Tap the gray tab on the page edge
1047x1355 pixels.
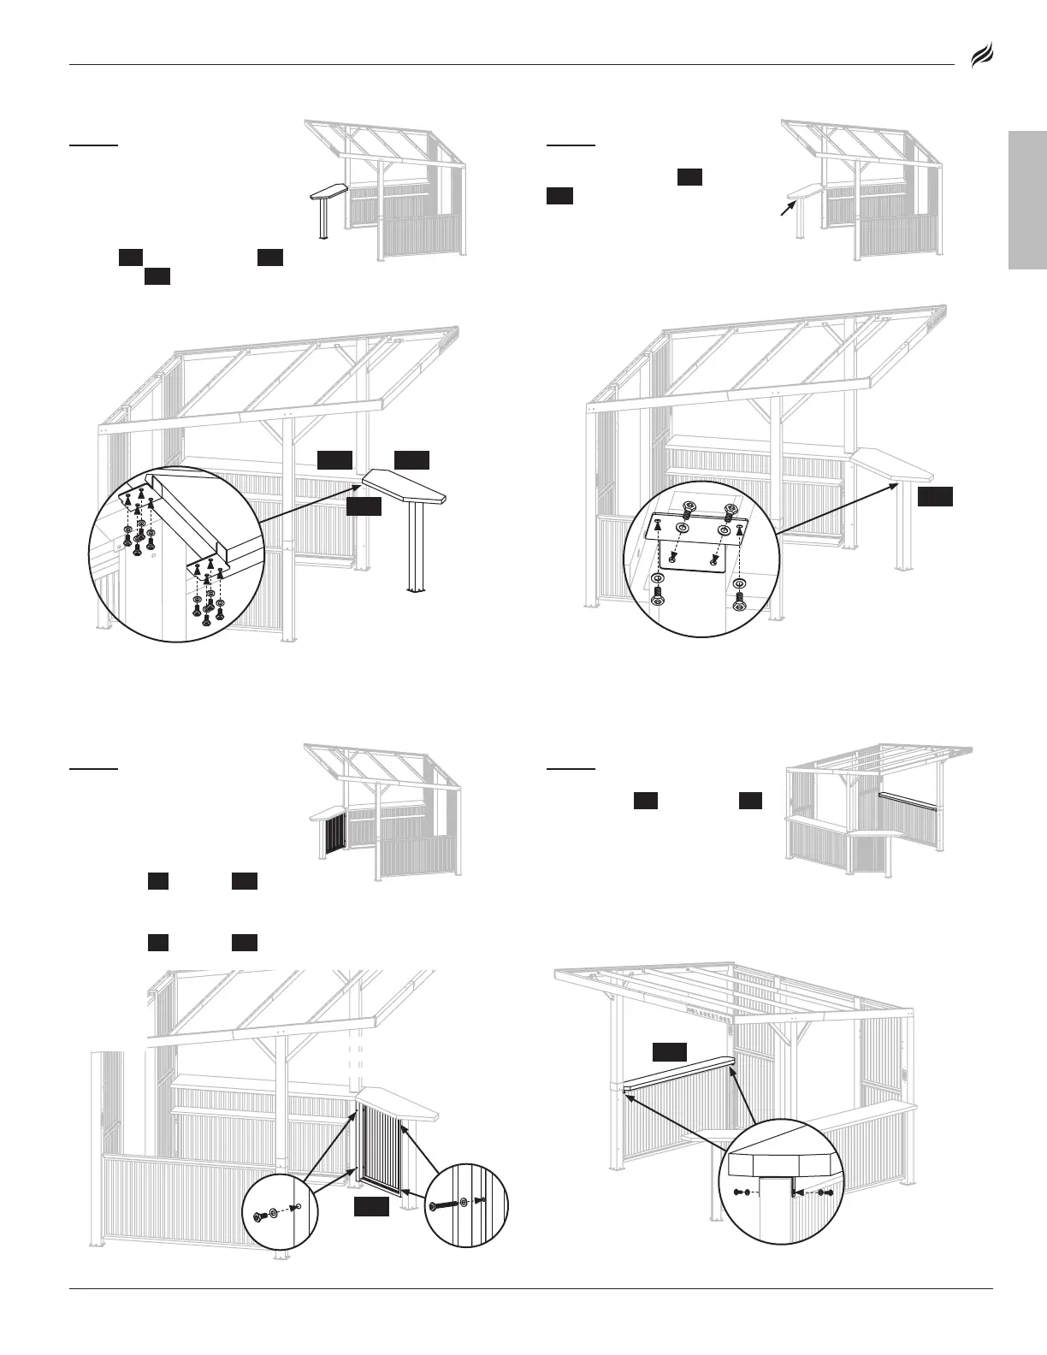coord(1027,201)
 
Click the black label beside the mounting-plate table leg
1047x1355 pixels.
coord(934,498)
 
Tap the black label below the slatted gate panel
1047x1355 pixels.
coord(372,1206)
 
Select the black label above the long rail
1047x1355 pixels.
coord(670,1052)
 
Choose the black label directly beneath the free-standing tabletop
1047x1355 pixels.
coord(363,507)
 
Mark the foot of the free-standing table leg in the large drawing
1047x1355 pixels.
coord(417,589)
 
